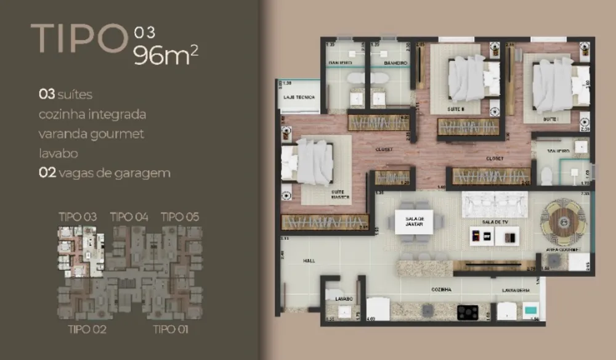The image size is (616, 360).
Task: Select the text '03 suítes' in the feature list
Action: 65,95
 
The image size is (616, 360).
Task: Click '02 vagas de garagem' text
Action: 104,173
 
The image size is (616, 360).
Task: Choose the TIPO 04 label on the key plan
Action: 129,216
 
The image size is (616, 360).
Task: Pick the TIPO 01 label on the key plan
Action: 171,329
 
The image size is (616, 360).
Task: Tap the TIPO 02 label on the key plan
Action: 87,329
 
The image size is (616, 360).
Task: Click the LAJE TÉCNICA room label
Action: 299,97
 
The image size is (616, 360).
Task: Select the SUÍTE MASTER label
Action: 337,195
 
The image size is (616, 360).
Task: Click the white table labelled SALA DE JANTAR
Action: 414,221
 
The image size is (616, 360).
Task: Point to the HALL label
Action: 309,261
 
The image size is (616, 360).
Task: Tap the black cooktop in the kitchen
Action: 468,312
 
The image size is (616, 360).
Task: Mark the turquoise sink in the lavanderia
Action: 530,311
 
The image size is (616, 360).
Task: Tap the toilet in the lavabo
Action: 334,294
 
